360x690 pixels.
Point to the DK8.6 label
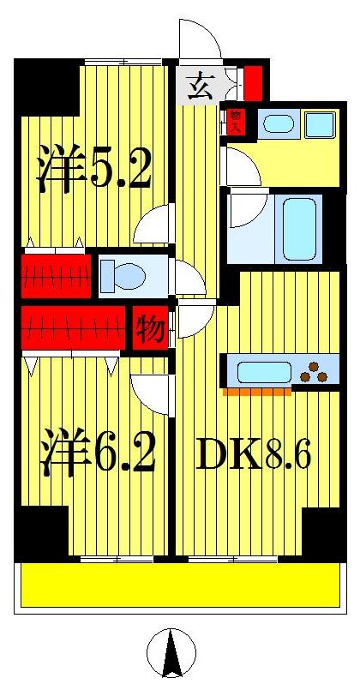click(252, 456)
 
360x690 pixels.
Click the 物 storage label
click(150, 328)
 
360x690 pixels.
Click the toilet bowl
click(125, 276)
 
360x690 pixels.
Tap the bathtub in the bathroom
click(299, 228)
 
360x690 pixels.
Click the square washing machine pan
click(320, 125)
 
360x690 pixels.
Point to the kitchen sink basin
click(262, 372)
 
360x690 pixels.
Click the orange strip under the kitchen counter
click(256, 393)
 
